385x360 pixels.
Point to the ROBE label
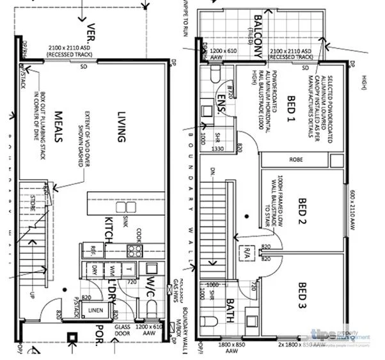click(x=295, y=159)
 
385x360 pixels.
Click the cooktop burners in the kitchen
click(x=134, y=249)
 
